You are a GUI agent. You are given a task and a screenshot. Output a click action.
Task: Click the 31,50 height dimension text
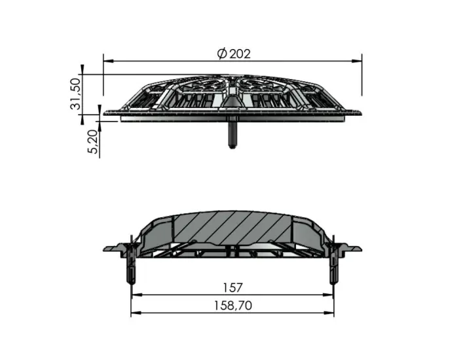coord(75,94)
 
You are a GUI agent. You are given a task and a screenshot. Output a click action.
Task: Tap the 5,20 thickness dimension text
coord(92,142)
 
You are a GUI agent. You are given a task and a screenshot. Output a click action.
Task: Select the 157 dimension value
coord(232,287)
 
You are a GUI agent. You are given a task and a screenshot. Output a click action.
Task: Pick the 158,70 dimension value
coord(232,305)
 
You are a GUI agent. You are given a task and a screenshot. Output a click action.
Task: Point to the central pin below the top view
coord(232,134)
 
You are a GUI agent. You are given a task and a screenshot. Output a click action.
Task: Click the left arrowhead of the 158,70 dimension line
coord(134,312)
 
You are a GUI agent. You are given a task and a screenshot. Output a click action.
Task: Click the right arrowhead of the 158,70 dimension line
coord(333,312)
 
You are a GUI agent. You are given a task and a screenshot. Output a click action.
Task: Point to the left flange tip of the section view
coord(107,249)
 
